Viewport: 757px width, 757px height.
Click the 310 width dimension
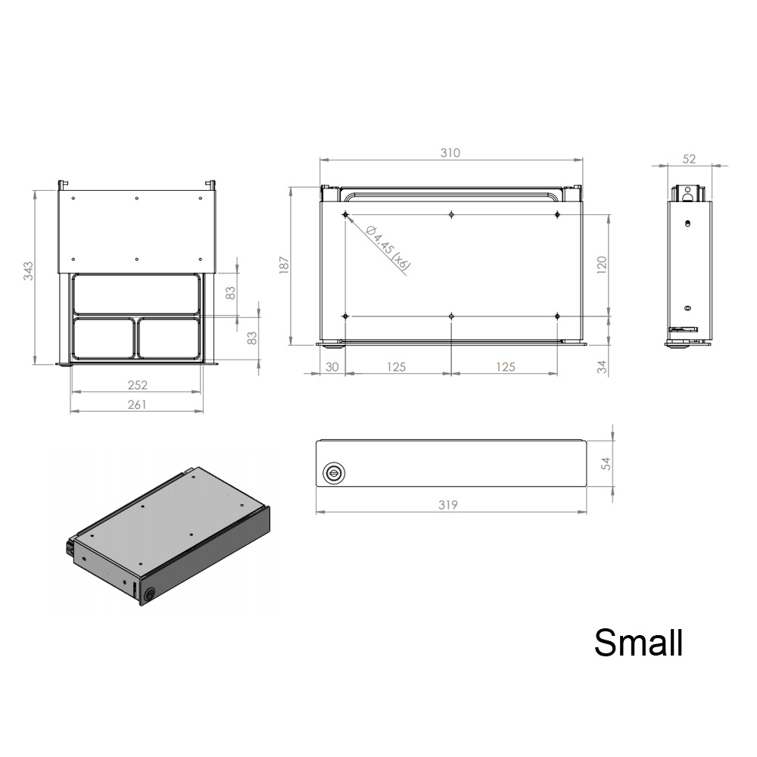pyautogui.click(x=450, y=153)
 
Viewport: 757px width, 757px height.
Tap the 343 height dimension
pyautogui.click(x=29, y=271)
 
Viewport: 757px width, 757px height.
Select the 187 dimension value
pyautogui.click(x=284, y=266)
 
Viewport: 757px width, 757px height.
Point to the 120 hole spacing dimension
pyautogui.click(x=602, y=265)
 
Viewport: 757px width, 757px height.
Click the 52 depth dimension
pyautogui.click(x=689, y=159)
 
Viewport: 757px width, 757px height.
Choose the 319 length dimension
pyautogui.click(x=448, y=504)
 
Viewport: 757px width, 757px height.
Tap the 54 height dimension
pyautogui.click(x=606, y=463)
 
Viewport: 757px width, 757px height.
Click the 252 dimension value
pyautogui.click(x=138, y=385)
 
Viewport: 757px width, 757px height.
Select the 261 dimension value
pyautogui.click(x=137, y=404)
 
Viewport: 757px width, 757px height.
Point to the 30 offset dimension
pyautogui.click(x=332, y=367)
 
